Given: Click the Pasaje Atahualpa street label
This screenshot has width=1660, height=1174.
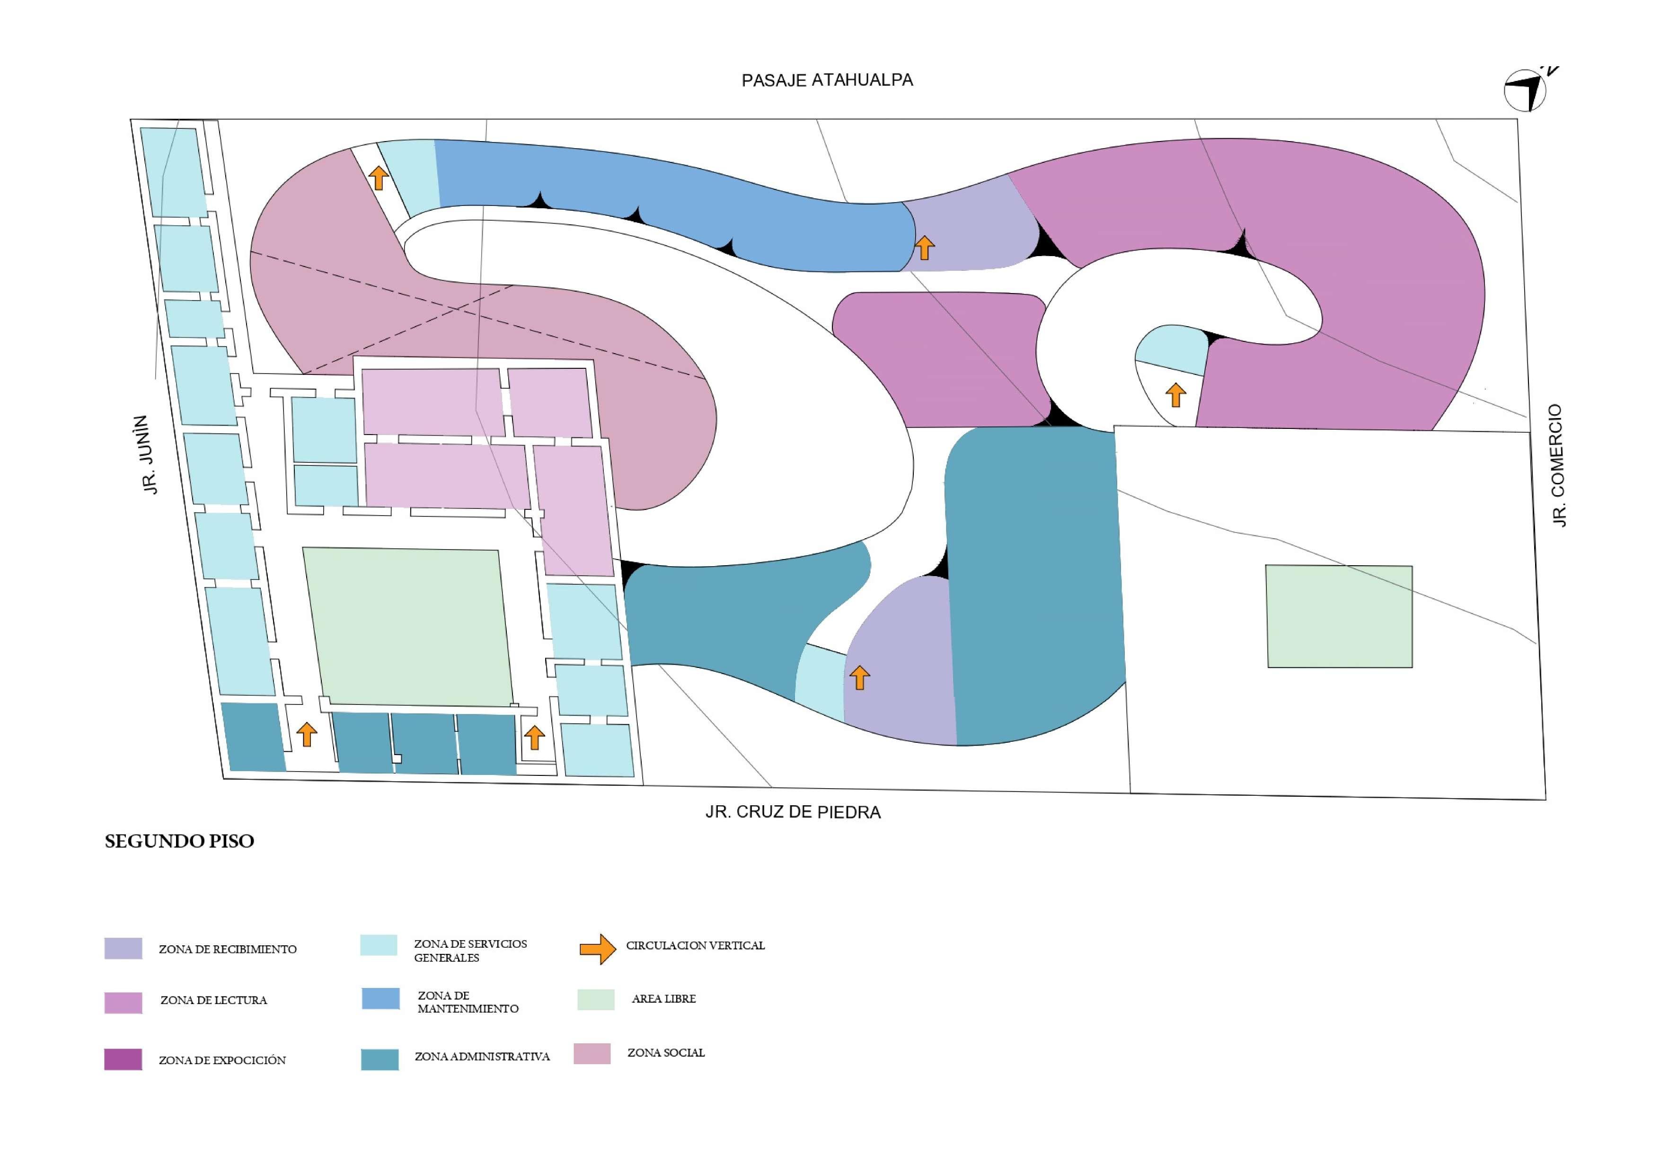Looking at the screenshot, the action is tap(827, 80).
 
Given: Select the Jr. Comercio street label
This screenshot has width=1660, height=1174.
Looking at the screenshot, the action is tap(1558, 465).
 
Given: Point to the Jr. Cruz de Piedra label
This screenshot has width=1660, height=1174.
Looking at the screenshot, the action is tap(793, 812).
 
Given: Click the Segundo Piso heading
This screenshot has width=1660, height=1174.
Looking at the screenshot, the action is tap(179, 841).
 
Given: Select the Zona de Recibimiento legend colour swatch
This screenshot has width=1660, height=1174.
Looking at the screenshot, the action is tap(123, 948).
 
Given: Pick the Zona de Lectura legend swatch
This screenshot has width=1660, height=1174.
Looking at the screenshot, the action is tap(123, 1003).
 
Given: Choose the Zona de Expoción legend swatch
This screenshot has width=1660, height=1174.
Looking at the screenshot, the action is tap(123, 1059).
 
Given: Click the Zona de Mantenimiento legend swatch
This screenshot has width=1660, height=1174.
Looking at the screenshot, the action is tap(380, 999).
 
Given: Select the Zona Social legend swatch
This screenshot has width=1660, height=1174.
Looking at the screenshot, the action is tap(592, 1053).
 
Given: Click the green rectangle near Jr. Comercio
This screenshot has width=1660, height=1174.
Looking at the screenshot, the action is tap(1339, 616).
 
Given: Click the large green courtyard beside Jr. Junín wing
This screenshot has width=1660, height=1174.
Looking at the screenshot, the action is tap(408, 626).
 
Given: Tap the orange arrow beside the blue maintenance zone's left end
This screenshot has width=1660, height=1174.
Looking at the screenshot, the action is tap(378, 177).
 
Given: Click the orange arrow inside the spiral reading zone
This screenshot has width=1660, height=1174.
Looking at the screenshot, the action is tap(1175, 395).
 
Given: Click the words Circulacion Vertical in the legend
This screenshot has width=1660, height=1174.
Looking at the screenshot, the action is tap(695, 945).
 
